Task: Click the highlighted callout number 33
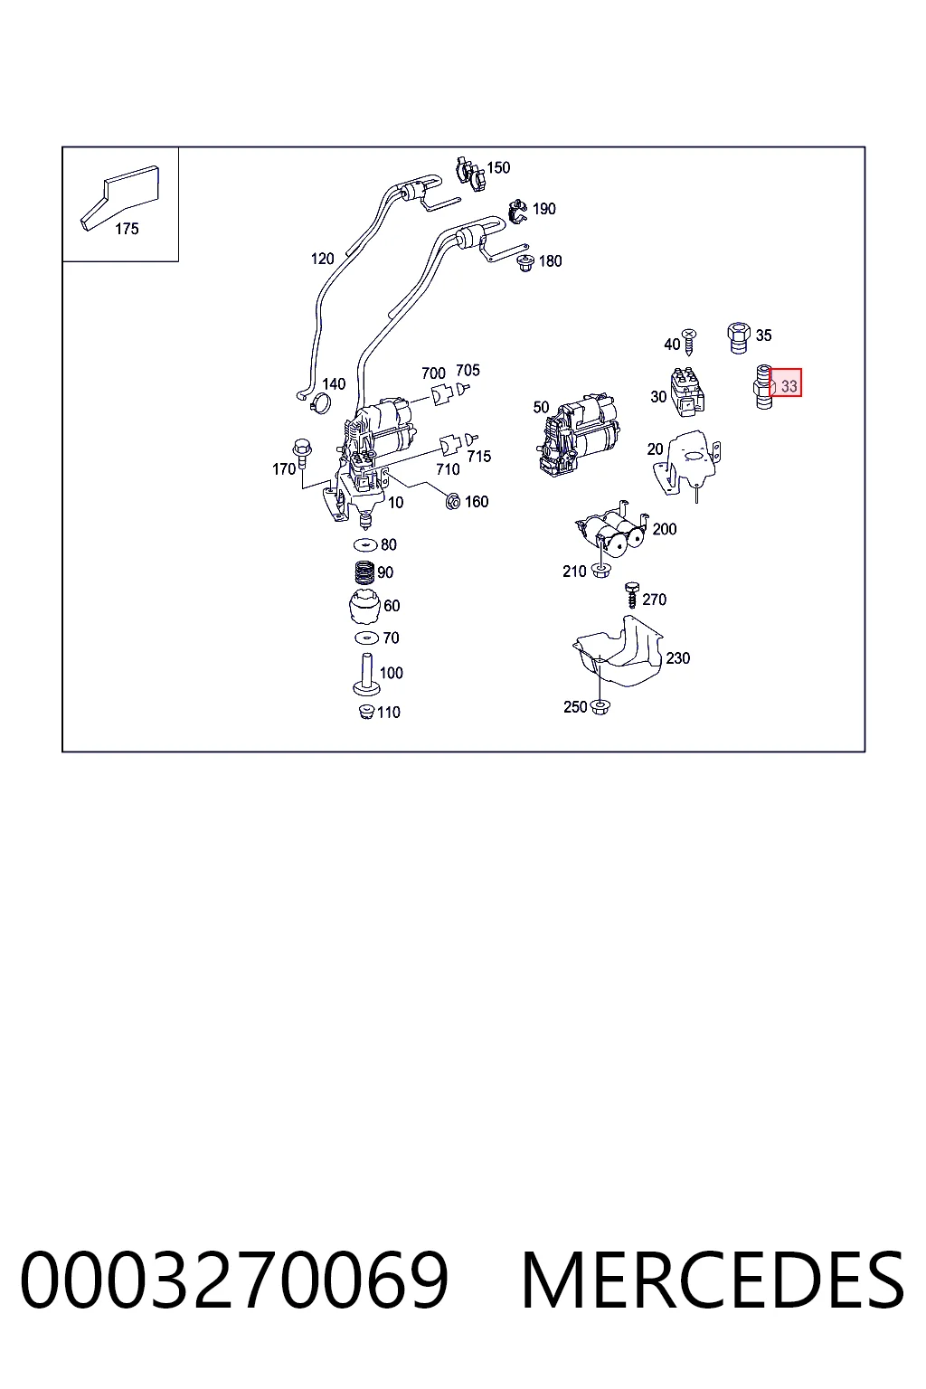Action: (789, 386)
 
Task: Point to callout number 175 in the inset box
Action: (127, 229)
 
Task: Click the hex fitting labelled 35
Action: (738, 338)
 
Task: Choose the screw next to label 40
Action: (688, 342)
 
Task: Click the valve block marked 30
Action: (687, 392)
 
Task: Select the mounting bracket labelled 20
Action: (686, 463)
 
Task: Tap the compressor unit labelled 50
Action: (580, 435)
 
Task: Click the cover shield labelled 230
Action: (618, 652)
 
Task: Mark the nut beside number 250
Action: (600, 707)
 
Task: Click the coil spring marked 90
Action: (364, 572)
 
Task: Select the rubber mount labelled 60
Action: (364, 607)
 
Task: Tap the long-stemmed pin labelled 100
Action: (366, 675)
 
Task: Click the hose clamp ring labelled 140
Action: (320, 403)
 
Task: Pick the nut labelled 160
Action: (453, 501)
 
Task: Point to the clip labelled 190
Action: (517, 212)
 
